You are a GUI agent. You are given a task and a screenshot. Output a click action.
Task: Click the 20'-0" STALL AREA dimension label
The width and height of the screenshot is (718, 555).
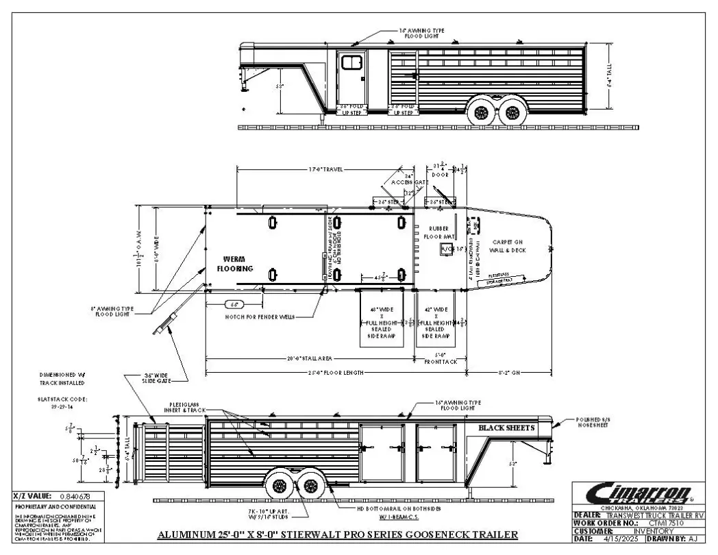[x=310, y=358]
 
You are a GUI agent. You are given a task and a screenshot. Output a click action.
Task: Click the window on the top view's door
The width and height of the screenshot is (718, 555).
[x=351, y=63]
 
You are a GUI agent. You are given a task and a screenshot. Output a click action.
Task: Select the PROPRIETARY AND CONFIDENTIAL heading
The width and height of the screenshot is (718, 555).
[x=49, y=506]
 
